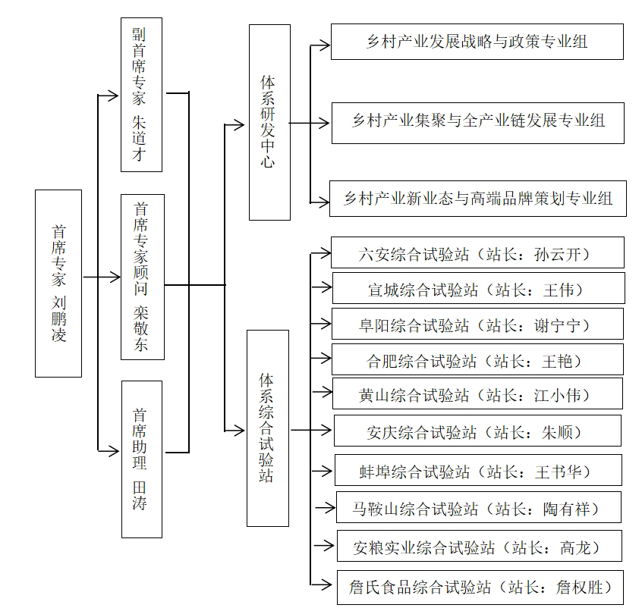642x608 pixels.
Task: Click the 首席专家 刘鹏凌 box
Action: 58,283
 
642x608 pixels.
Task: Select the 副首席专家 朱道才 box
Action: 142,96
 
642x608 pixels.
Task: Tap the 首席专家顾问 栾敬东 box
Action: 142,277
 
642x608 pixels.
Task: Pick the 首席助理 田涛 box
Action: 142,459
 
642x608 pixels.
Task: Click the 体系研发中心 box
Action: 269,122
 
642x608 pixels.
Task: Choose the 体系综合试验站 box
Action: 267,428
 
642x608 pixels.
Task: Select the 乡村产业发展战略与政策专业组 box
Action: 477,42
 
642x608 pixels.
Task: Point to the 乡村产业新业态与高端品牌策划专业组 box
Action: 477,199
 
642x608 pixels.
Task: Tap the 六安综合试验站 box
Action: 477,252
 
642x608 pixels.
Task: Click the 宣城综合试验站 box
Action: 478,288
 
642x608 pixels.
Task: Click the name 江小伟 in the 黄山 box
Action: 562,394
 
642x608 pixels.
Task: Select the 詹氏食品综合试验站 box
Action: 480,587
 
